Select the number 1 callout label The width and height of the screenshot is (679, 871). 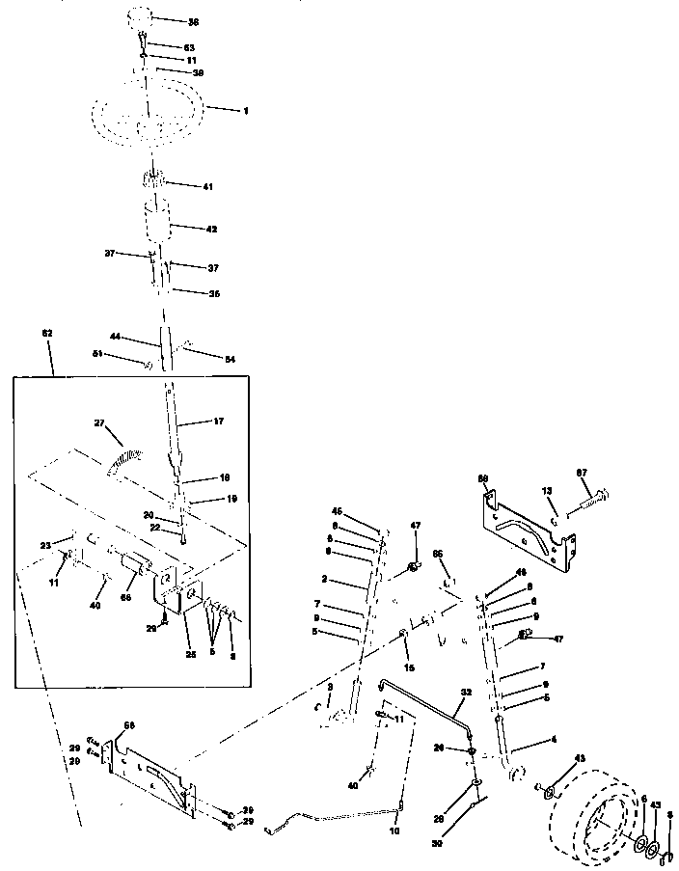(245, 111)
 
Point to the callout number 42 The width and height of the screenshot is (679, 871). (211, 230)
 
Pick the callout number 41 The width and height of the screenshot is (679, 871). (207, 186)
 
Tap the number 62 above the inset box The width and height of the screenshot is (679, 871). (47, 333)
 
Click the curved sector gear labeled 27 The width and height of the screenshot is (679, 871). (125, 454)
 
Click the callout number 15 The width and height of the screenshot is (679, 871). (409, 667)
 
